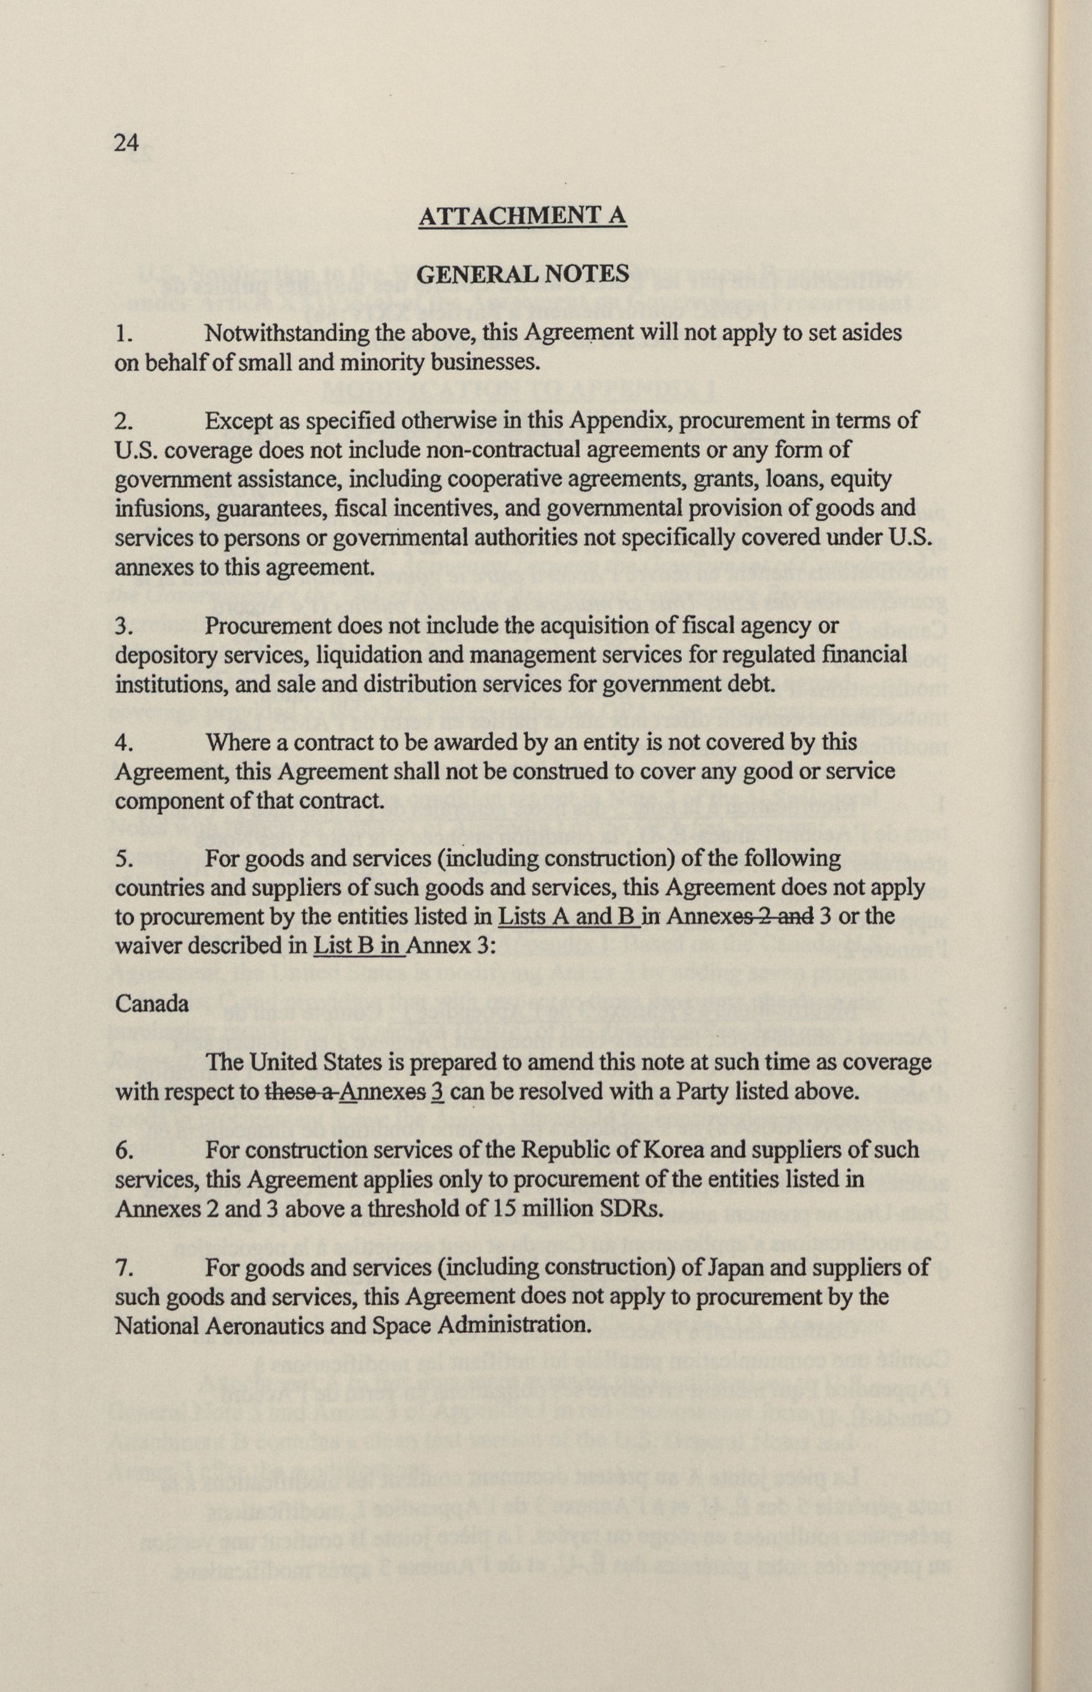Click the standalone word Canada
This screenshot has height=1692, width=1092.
tap(152, 1005)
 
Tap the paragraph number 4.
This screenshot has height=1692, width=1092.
tap(122, 743)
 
